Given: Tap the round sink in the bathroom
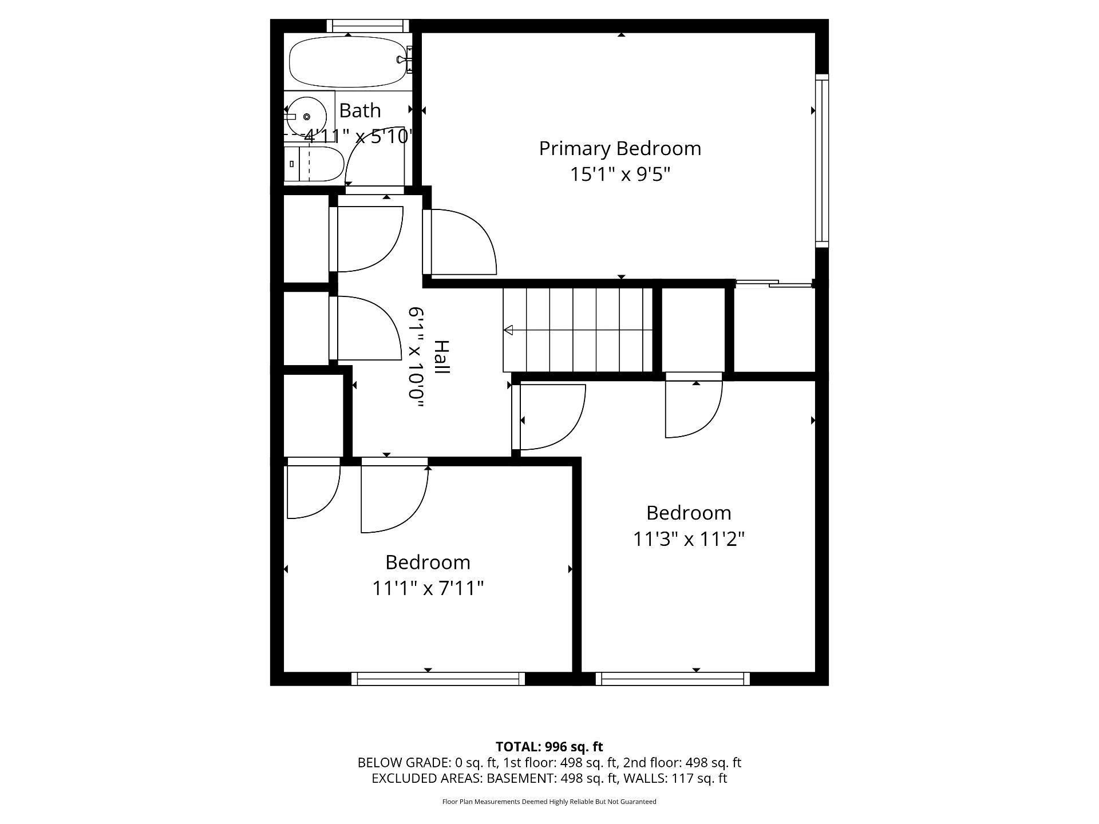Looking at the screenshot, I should (306, 117).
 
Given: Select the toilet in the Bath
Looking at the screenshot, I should (314, 164).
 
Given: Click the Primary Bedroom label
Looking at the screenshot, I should (620, 149).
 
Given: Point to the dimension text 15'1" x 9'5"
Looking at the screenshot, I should (620, 174).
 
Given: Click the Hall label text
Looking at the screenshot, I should (441, 357).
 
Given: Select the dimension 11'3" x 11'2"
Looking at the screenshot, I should (689, 539).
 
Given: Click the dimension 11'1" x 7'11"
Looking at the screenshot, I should (428, 588).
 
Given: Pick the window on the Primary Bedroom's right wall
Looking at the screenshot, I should (821, 160).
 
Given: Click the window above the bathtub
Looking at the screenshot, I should (368, 26).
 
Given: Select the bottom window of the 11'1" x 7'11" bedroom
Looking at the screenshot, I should (438, 679).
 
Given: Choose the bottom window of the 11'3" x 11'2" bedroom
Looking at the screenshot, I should (673, 679).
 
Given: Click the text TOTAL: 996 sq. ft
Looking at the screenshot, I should (549, 747).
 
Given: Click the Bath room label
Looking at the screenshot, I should (359, 110).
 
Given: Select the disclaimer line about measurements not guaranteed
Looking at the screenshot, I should (549, 802).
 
